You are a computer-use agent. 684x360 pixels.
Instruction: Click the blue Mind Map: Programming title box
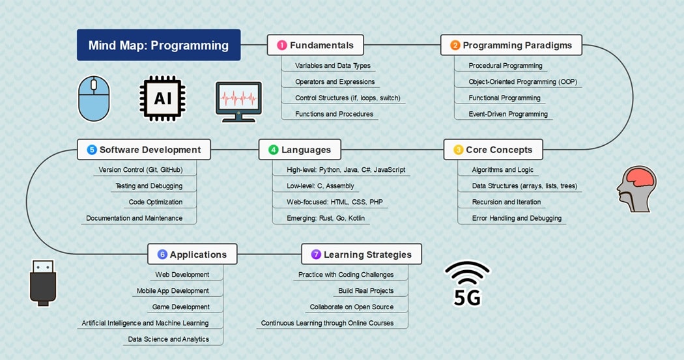(x=158, y=45)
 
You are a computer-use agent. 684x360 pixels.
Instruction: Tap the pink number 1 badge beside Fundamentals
(x=281, y=45)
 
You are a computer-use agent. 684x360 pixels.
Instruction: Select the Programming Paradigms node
(x=511, y=45)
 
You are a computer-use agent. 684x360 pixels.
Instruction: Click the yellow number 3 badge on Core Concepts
(x=458, y=150)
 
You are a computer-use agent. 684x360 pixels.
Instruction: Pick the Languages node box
(x=300, y=150)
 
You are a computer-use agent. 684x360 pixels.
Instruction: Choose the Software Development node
(x=143, y=150)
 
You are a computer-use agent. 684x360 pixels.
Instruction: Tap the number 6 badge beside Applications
(x=162, y=255)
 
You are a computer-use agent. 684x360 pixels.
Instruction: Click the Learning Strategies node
(x=362, y=255)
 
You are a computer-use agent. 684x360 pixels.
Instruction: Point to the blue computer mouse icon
(x=94, y=99)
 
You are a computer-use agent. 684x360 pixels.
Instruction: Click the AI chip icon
(x=162, y=99)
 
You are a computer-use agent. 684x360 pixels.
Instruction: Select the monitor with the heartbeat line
(x=238, y=102)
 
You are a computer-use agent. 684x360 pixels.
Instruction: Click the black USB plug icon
(x=43, y=283)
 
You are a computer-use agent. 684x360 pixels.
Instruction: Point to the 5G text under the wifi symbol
(x=467, y=298)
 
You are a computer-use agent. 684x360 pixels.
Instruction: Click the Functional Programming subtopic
(x=504, y=98)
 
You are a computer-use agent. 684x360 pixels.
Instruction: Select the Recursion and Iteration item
(x=506, y=202)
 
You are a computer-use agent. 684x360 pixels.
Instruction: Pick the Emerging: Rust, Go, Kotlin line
(x=325, y=218)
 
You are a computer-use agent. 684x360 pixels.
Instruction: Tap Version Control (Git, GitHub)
(x=140, y=170)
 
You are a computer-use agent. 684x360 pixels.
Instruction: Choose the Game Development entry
(x=180, y=307)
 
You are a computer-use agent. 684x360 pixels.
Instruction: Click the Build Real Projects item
(x=365, y=290)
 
